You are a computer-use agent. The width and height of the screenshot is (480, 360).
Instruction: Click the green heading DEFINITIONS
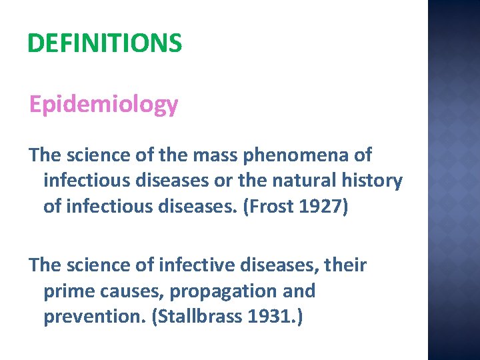[105, 44]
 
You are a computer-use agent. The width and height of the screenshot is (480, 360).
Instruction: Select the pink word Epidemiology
[103, 104]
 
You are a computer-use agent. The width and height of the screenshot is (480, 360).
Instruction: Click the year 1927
[317, 206]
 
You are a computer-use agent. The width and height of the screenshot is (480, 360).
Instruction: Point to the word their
[344, 265]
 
